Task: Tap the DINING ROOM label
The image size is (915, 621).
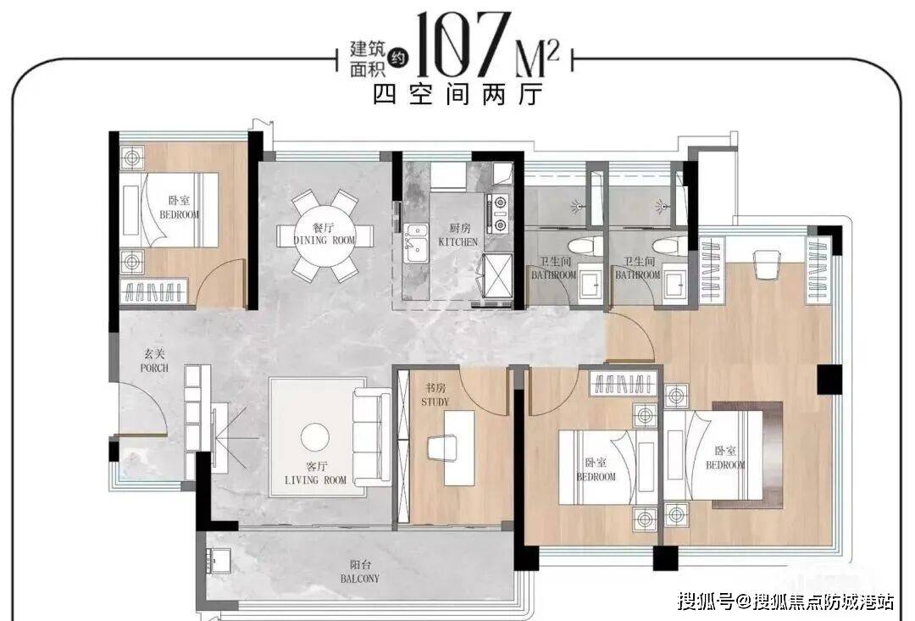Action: pos(324,240)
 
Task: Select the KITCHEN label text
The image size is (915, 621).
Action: pos(458,241)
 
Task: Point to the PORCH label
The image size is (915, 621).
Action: pos(154,368)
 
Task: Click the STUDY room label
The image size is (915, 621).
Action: pos(435,402)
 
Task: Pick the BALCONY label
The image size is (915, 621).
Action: pos(360,579)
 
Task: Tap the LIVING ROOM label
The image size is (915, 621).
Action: pos(315,480)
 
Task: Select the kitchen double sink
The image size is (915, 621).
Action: pos(416,243)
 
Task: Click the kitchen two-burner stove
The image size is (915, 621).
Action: pos(500,214)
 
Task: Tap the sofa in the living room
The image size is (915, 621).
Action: pos(372,437)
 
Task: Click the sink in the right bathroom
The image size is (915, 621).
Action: pos(674,285)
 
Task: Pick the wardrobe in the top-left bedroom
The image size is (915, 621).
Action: pos(154,291)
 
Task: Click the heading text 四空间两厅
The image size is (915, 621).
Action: pos(458,94)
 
